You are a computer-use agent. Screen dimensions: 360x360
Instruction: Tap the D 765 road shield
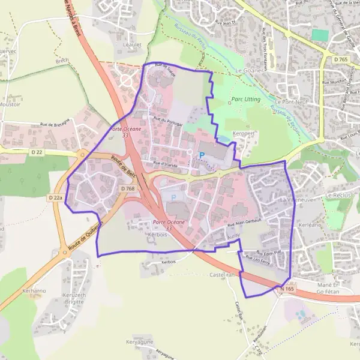pyautogui.click(x=341, y=59)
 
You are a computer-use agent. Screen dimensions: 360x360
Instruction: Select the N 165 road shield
pyautogui.click(x=286, y=289)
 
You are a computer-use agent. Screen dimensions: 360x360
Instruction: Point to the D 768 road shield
pyautogui.click(x=127, y=188)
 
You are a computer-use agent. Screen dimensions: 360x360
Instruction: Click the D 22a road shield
pyautogui.click(x=55, y=197)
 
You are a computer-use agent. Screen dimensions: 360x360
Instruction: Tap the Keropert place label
pyautogui.click(x=245, y=133)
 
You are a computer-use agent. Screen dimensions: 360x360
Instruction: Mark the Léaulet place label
pyautogui.click(x=131, y=44)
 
